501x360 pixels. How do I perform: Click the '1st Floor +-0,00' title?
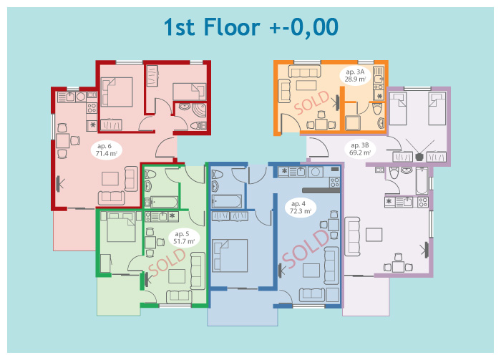tap(250, 27)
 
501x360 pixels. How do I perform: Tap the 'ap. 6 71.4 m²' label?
tap(106, 150)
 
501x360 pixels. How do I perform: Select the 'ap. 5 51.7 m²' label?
tap(184, 238)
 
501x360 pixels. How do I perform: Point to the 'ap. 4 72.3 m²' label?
tap(300, 208)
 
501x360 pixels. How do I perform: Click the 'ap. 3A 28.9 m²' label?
tap(355, 76)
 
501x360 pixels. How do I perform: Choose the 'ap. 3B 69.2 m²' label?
tap(360, 149)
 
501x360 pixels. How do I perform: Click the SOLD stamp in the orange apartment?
tap(311, 102)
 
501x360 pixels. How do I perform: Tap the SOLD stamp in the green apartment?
tap(167, 263)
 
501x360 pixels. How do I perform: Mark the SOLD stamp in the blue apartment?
tap(306, 249)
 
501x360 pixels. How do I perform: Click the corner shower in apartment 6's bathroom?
tap(199, 110)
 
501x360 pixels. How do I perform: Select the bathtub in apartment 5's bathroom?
tap(164, 202)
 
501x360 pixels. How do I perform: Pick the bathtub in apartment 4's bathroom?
tap(227, 201)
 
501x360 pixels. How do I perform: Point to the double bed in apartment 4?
tap(230, 256)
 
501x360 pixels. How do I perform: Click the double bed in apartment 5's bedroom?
tap(121, 228)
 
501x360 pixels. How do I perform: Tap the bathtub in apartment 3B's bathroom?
tap(422, 181)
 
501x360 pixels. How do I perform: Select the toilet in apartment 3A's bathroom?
tap(378, 109)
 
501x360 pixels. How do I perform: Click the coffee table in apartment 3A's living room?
tap(306, 86)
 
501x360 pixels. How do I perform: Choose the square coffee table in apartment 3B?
tap(374, 235)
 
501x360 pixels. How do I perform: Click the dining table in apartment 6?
tap(63, 141)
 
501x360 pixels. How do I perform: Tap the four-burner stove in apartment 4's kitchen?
tap(334, 183)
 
